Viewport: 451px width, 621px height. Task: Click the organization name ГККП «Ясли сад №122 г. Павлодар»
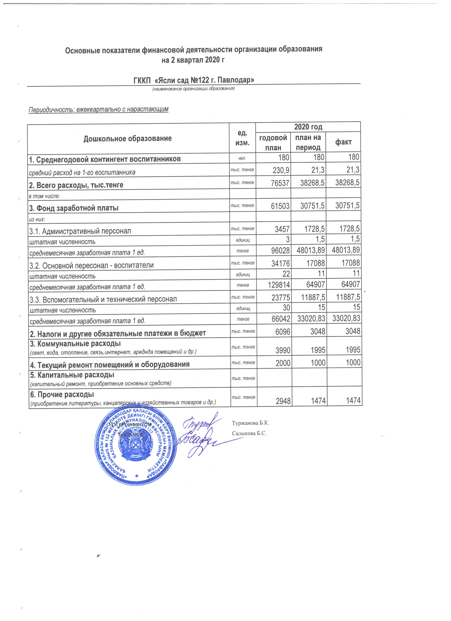[194, 80]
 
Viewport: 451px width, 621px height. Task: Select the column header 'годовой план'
[273, 142]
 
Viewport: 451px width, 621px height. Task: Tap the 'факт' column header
[343, 142]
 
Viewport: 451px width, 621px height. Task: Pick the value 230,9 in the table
[281, 170]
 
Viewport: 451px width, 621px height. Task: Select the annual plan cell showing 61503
[280, 206]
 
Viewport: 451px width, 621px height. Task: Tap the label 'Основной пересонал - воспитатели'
[92, 265]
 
